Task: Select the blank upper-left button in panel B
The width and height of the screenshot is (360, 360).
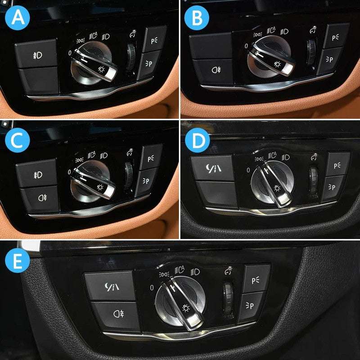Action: click(x=210, y=45)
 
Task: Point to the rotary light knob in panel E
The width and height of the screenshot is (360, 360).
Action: click(x=180, y=302)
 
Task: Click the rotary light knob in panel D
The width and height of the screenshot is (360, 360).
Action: click(x=272, y=184)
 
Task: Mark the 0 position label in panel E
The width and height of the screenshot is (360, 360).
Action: click(x=152, y=287)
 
